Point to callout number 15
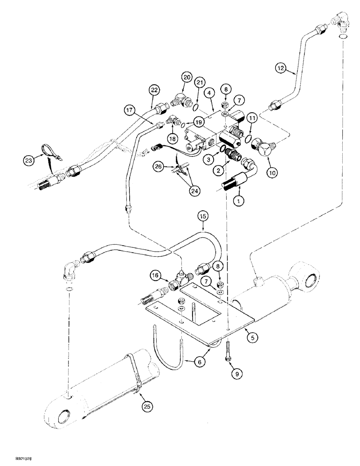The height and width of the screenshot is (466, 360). click(x=203, y=216)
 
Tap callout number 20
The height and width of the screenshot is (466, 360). click(x=187, y=77)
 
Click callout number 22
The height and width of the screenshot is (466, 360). click(x=154, y=89)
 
